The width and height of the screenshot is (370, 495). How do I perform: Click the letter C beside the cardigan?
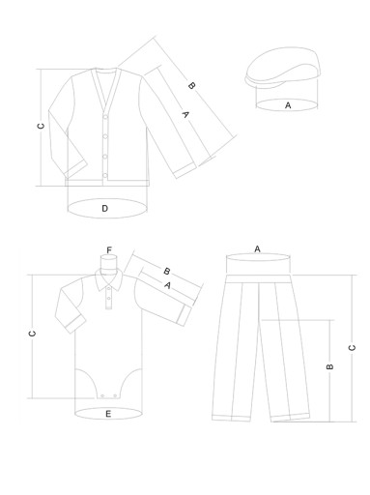click(x=42, y=126)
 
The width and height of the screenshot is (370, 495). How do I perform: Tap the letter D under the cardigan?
click(x=104, y=209)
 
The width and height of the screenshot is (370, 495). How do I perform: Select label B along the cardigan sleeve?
click(x=191, y=86)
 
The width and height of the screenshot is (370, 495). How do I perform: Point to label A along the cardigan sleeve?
click(x=185, y=114)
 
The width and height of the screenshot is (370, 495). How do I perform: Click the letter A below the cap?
click(x=288, y=105)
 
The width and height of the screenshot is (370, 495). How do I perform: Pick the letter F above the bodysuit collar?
click(x=109, y=250)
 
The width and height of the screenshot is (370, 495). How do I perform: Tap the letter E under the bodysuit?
click(x=108, y=414)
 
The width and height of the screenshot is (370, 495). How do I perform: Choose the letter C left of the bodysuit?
click(x=32, y=334)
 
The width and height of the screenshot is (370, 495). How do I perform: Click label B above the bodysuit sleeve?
click(x=167, y=271)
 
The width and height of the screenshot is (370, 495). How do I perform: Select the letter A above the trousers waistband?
click(x=257, y=248)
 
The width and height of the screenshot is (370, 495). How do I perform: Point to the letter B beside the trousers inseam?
click(x=329, y=366)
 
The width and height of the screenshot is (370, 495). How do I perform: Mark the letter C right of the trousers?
click(x=352, y=348)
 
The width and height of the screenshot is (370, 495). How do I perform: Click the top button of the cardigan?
click(x=105, y=117)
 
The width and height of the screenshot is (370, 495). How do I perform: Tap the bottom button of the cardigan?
click(x=105, y=176)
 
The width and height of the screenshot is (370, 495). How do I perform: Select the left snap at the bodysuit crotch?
click(x=102, y=395)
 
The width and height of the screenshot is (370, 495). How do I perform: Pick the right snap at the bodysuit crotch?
click(x=115, y=395)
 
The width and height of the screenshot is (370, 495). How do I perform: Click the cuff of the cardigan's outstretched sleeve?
click(x=185, y=170)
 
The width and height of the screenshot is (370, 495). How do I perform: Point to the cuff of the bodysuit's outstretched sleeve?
click(x=185, y=315)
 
